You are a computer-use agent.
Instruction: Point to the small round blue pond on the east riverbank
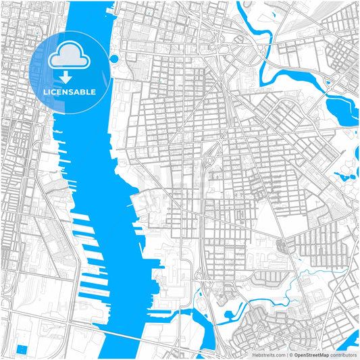click(113, 59)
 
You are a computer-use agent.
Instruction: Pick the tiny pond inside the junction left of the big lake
click(328, 84)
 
